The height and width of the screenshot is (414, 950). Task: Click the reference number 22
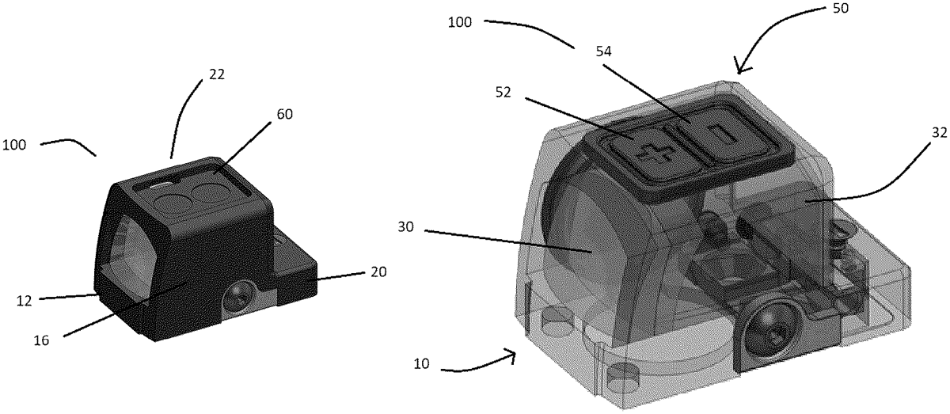217,74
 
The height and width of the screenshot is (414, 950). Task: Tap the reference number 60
284,114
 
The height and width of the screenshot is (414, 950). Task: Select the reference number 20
378,272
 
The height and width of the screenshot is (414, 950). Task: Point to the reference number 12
25,301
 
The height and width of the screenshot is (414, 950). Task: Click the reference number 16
41,340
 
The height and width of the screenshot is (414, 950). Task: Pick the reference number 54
603,51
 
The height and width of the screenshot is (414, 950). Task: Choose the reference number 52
503,93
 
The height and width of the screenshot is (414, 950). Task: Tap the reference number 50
840,8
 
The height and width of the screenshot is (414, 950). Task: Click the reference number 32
940,133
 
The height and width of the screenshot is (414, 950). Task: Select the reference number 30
405,227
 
